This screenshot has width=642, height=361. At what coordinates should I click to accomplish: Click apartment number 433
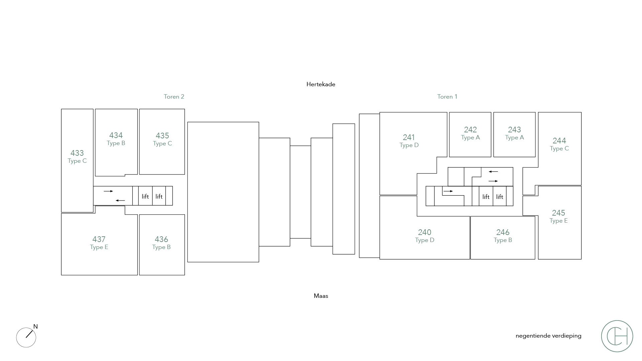pos(77,153)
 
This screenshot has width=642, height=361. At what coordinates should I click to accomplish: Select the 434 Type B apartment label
pos(116,139)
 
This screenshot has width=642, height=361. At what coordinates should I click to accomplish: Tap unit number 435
pos(162,136)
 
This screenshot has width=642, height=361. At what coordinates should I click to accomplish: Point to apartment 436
pos(162,239)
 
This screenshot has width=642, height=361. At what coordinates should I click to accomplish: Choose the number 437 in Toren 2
pos(99,239)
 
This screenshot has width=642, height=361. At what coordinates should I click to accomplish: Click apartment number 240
pos(425,232)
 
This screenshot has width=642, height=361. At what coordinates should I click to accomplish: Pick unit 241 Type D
pos(409,141)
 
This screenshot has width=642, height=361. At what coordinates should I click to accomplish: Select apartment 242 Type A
pos(470,133)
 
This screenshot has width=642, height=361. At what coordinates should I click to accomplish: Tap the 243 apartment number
pos(515,130)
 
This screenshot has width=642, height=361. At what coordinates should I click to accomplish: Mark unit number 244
pos(559,141)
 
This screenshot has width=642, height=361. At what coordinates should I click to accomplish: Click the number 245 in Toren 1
pos(559,213)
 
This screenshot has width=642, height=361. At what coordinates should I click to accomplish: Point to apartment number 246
pos(503,232)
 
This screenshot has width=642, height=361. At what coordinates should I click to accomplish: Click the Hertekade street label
pos(321,84)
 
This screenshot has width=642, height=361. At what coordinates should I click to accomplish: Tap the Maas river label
pos(321,296)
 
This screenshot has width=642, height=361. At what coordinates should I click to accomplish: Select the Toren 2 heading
pos(174,97)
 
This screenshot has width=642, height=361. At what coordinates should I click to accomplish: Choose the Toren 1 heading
pos(447,97)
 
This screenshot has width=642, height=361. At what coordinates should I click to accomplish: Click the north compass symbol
pos(26,337)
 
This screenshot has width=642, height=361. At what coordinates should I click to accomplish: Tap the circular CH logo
pos(617,336)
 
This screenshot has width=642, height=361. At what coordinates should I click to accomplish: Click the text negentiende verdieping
pos(548,336)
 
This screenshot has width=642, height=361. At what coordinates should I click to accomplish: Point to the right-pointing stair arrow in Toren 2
pos(108,191)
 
